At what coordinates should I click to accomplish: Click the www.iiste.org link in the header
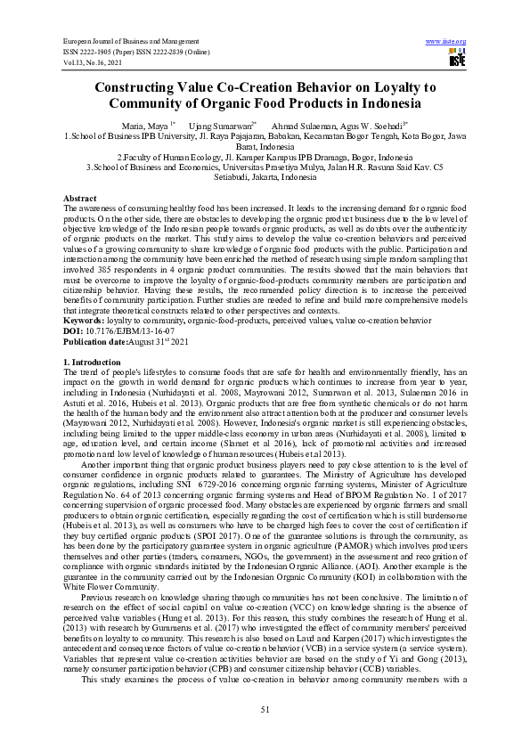click(x=446, y=42)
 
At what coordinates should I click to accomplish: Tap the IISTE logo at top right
click(x=457, y=59)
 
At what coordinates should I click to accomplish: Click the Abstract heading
click(x=80, y=197)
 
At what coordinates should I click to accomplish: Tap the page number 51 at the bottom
click(x=265, y=708)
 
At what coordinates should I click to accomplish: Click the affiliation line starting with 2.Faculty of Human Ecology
click(x=265, y=157)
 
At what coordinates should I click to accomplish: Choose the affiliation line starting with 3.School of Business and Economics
click(x=265, y=167)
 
